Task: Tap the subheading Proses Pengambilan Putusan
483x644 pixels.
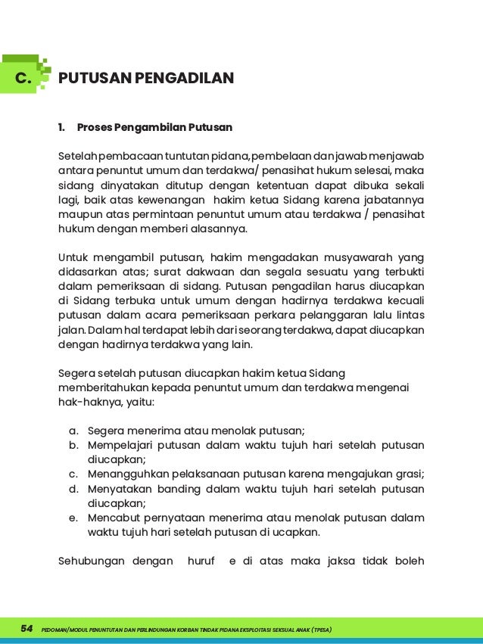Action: [154, 126]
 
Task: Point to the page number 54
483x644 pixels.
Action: [26, 629]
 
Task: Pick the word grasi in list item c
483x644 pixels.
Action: [407, 474]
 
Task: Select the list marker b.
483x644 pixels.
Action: [73, 445]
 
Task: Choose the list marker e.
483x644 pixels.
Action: [73, 518]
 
